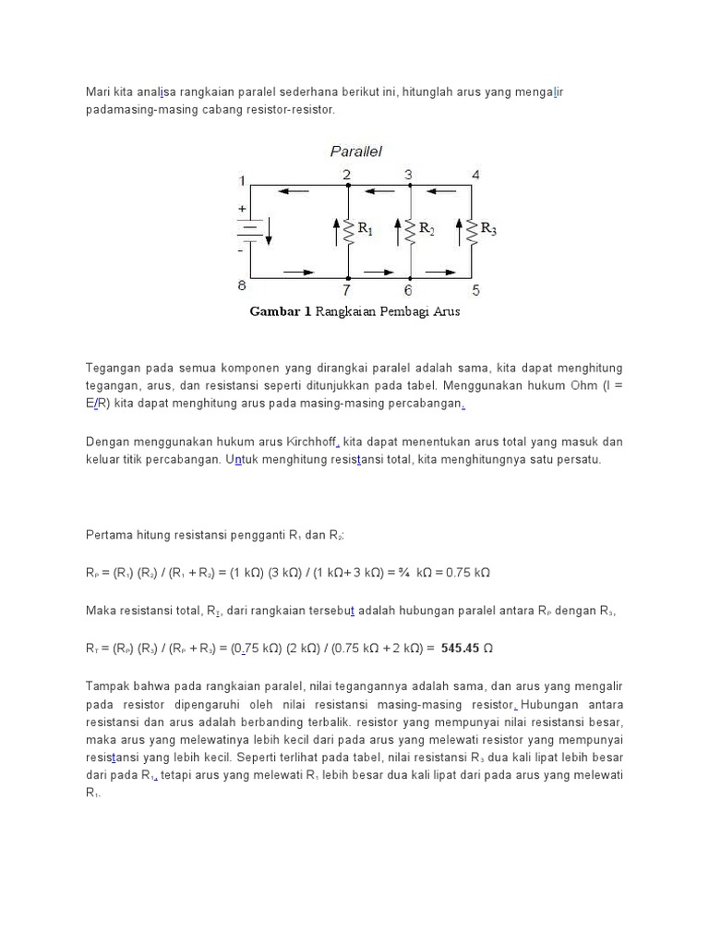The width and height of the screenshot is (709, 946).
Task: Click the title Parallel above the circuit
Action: click(356, 152)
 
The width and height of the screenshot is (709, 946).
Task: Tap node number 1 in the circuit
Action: click(242, 179)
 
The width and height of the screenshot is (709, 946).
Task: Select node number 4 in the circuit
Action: click(475, 175)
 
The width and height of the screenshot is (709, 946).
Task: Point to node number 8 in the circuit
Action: click(242, 285)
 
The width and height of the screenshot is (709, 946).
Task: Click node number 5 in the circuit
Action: click(475, 290)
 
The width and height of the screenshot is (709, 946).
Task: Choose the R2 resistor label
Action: click(427, 228)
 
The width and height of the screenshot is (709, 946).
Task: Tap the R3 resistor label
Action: click(487, 228)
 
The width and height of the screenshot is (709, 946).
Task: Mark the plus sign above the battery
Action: click(243, 209)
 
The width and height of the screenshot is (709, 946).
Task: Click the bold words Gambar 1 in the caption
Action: click(281, 312)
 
